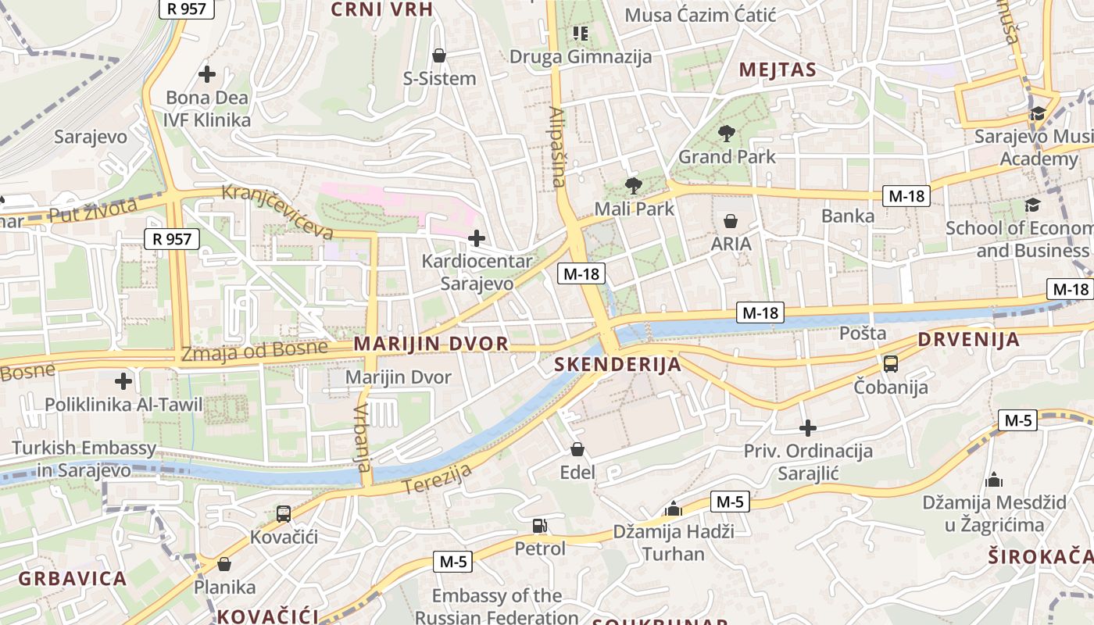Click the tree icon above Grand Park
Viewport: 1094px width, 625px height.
point(727,133)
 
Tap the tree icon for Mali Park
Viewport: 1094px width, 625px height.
point(633,186)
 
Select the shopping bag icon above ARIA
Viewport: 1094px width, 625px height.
point(731,221)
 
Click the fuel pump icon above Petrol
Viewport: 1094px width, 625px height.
point(539,526)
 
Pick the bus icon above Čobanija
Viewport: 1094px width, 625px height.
point(891,363)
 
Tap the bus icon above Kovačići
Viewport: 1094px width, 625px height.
point(284,514)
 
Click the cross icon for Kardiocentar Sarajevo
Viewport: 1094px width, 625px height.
point(476,237)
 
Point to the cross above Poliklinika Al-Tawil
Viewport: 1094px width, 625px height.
point(123,381)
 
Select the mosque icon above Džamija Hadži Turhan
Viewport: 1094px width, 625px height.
point(673,509)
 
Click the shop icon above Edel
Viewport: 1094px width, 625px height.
point(577,449)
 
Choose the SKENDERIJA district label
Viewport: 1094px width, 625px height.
point(617,365)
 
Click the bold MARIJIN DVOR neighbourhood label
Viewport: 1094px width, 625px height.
point(431,344)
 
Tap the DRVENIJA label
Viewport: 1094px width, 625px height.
point(968,340)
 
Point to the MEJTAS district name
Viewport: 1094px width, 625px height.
point(778,70)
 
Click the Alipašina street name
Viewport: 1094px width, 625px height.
point(557,147)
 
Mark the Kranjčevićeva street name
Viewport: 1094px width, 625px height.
point(277,211)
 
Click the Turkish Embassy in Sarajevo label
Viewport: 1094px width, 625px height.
point(84,459)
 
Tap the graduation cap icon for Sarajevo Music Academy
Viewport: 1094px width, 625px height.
point(1038,114)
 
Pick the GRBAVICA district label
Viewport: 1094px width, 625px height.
point(72,579)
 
